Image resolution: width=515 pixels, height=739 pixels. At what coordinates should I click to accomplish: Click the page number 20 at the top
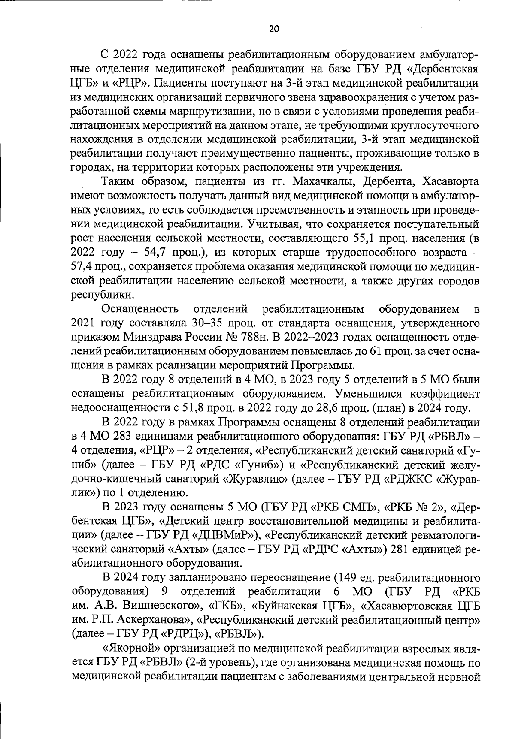[274, 28]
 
